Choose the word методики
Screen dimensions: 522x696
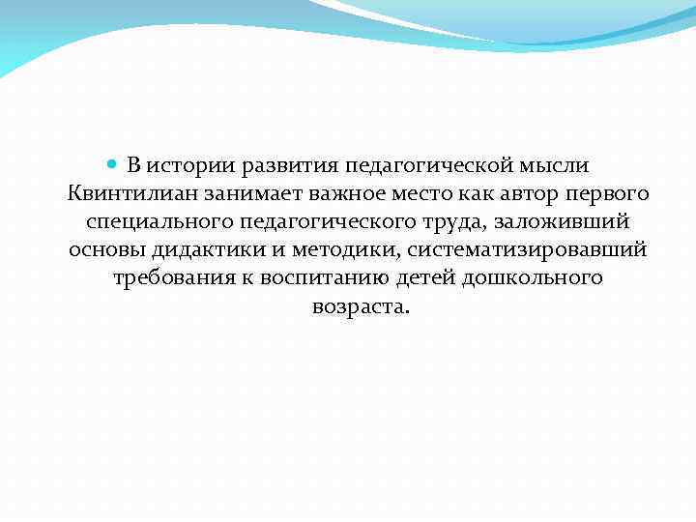click(x=349, y=249)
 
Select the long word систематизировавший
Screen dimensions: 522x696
click(x=528, y=249)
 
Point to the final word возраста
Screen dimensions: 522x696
click(x=361, y=307)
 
